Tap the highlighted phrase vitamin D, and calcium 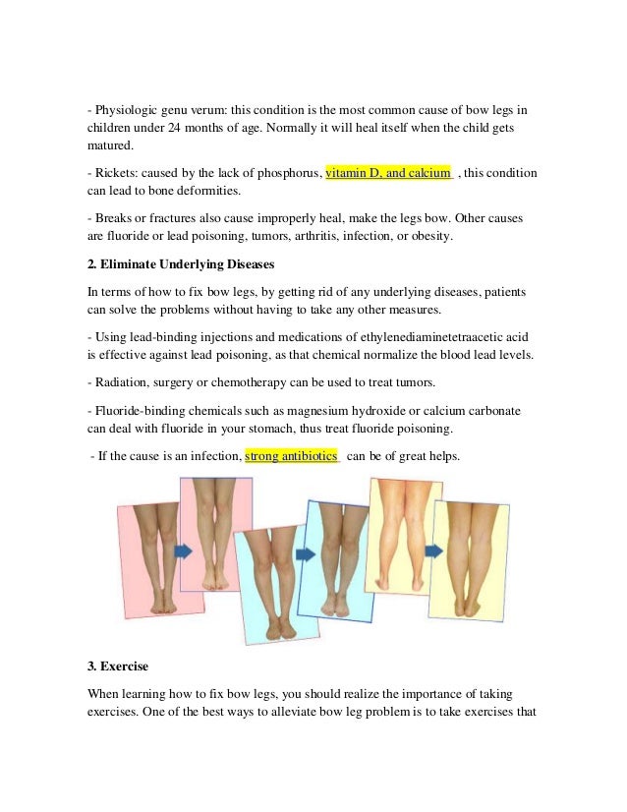tap(388, 173)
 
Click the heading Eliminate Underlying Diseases tap(186, 265)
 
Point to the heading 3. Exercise tap(118, 667)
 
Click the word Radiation tap(121, 381)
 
